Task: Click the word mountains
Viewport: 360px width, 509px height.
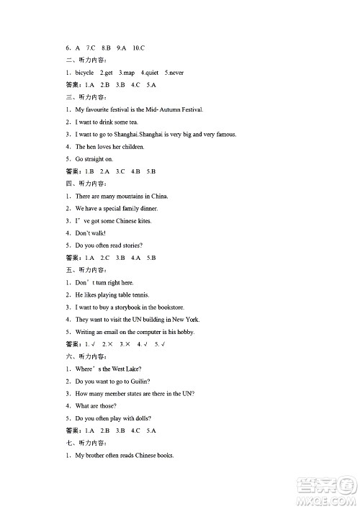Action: pos(131,196)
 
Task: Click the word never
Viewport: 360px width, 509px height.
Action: pos(175,73)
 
